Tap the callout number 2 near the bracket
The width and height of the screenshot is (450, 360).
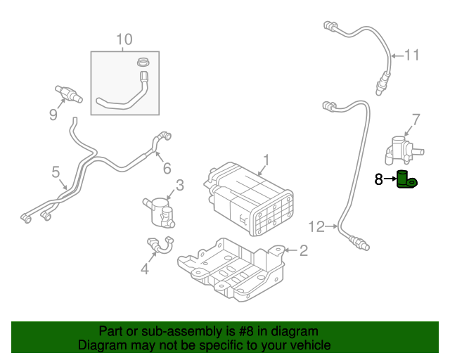click(x=304, y=250)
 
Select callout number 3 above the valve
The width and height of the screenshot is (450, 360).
click(x=179, y=185)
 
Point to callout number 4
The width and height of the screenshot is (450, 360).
click(x=145, y=268)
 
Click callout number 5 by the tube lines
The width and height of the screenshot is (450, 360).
click(x=55, y=172)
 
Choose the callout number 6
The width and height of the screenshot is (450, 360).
click(x=167, y=168)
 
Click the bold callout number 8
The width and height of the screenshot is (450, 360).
click(x=379, y=180)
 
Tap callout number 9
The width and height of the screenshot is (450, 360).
click(x=53, y=114)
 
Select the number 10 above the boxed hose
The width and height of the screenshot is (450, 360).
click(x=124, y=39)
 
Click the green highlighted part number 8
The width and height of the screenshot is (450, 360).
click(x=406, y=180)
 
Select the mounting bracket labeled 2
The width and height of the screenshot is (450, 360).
click(x=232, y=271)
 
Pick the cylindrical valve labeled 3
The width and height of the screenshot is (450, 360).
click(x=162, y=210)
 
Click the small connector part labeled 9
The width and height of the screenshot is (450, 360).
click(x=68, y=93)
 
